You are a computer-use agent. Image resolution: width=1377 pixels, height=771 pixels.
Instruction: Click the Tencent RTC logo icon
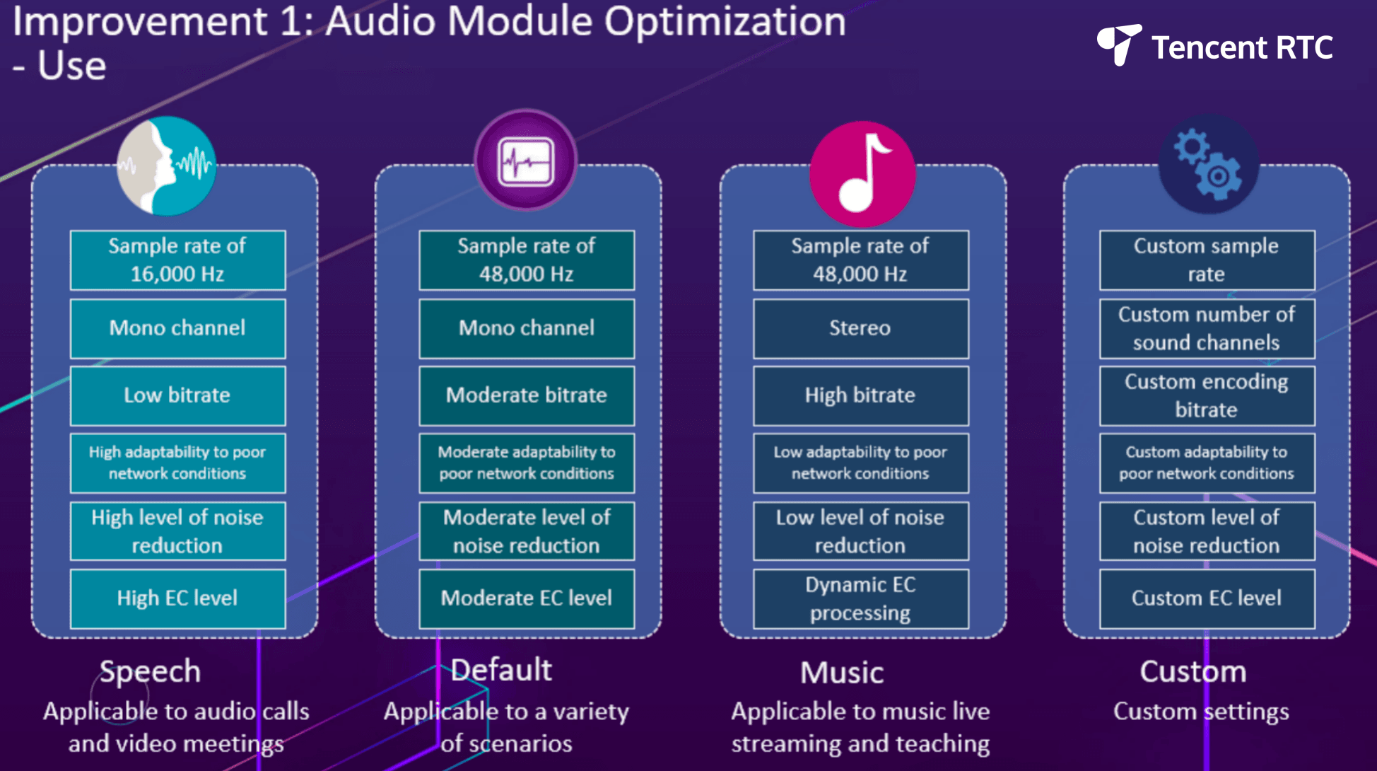point(1119,45)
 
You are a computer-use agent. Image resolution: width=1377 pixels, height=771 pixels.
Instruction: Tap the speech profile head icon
point(167,166)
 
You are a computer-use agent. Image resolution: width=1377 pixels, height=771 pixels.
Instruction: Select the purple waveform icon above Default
point(525,161)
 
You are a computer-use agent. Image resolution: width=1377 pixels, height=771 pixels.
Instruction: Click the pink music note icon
point(862,174)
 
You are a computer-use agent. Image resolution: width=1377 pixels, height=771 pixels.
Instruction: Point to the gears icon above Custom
point(1209,165)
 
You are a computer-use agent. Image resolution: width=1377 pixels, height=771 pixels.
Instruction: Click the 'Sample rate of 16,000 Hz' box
point(178,260)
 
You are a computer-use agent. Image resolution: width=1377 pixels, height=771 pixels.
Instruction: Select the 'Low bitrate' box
point(178,395)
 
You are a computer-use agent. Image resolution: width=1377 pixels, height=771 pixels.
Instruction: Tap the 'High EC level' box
point(178,598)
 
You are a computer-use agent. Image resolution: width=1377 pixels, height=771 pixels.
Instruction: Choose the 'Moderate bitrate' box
point(527,395)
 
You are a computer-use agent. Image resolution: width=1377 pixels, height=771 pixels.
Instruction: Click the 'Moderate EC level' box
point(527,598)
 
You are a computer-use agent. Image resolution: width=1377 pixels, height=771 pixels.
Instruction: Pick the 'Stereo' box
point(861,328)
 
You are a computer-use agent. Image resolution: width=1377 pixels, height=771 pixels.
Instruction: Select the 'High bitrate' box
point(861,395)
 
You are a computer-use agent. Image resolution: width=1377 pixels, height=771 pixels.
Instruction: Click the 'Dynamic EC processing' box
point(861,598)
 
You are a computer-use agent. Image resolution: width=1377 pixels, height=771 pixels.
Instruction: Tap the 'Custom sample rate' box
point(1207,260)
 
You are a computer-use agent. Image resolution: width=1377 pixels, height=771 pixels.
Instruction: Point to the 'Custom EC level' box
point(1207,598)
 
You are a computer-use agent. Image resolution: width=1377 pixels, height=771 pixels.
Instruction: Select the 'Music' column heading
point(842,673)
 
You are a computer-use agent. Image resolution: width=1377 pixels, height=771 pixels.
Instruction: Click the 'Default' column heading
point(501,670)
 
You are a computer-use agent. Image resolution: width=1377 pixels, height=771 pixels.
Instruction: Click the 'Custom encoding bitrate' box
point(1207,395)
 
